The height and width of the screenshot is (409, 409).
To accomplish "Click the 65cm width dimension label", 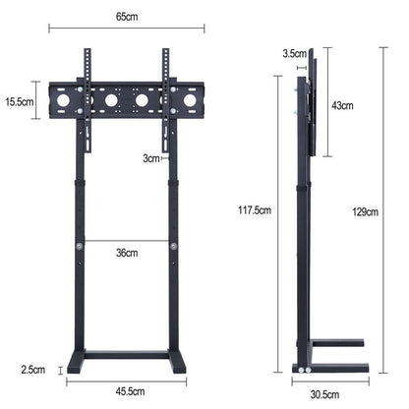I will pos(127,17).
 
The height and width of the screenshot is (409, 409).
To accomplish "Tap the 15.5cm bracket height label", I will pos(20,100).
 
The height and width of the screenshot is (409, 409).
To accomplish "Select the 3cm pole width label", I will pos(150,157).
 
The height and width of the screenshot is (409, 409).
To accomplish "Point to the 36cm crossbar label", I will pos(127,253).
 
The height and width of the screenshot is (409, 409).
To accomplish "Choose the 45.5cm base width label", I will pos(127,391).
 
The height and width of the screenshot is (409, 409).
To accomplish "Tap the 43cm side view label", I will pos(343,104).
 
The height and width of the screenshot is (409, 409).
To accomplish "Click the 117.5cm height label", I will pos(255,208).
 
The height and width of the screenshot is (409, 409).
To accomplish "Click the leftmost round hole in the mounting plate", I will pos(65,100).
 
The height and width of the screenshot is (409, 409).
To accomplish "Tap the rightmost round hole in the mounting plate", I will pos(189,100).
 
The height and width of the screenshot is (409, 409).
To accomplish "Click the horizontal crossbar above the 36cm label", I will pos(127,240).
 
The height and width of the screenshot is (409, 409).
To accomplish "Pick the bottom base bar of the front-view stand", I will pos(127,354).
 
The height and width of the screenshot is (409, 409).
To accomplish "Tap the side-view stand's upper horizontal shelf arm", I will pos(336,343).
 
